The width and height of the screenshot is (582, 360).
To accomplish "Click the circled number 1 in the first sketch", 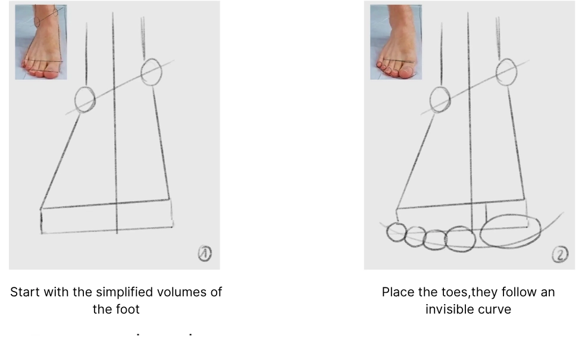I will (x=204, y=254).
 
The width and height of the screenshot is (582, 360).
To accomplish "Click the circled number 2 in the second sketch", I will (x=560, y=255).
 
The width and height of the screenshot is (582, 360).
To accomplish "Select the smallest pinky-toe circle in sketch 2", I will (x=396, y=232).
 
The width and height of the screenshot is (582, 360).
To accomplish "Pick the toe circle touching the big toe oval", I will (x=460, y=239).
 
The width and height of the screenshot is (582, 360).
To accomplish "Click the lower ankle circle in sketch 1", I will (x=85, y=99).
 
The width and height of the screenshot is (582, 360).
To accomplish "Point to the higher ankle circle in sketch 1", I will (x=151, y=72).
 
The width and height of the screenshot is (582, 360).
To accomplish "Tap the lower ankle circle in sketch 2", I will (x=440, y=99).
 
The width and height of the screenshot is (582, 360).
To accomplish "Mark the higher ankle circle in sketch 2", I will (x=506, y=72).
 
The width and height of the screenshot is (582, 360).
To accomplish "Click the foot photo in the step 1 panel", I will (x=41, y=42).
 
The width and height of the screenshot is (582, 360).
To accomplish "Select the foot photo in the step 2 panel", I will (x=396, y=42).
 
